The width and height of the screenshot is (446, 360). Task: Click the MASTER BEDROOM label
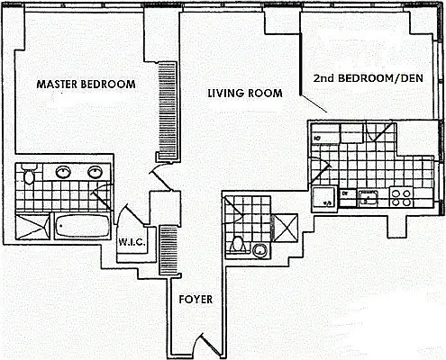[x=86, y=85]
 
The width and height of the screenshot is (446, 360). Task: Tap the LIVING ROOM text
[x=243, y=93]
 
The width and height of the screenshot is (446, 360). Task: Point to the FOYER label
[x=196, y=300]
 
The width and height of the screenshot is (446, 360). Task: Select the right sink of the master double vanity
[x=94, y=171]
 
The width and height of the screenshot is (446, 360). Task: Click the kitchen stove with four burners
[x=400, y=193]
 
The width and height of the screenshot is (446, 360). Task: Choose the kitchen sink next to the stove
[x=368, y=194]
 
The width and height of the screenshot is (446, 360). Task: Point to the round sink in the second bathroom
[x=260, y=249]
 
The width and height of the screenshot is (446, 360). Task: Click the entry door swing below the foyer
[x=201, y=345]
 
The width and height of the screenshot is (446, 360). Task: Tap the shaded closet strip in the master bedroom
[x=165, y=100]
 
